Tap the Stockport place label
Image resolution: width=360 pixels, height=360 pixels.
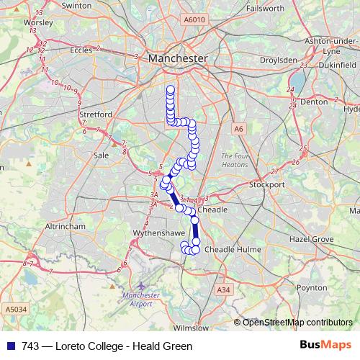[x=267, y=184]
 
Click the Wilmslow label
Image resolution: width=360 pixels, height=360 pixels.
[x=192, y=327]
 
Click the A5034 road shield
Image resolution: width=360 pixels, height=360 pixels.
[x=14, y=308]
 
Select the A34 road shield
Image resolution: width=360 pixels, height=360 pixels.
[x=223, y=290]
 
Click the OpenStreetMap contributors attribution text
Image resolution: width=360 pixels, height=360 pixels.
[x=297, y=323]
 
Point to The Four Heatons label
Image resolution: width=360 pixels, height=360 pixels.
[x=235, y=159]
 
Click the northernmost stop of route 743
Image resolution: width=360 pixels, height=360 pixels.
[x=171, y=89]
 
